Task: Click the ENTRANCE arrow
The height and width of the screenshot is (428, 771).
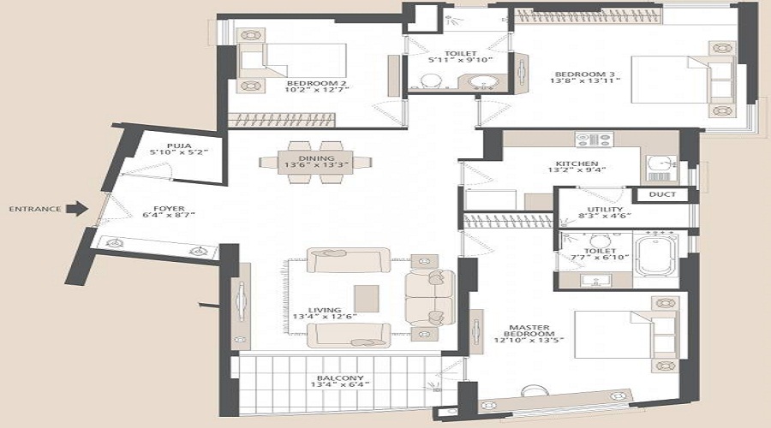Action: [77, 207]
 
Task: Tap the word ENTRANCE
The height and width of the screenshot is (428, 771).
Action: [35, 208]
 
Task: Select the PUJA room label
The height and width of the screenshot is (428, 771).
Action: [178, 146]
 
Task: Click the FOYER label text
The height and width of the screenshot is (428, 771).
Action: [164, 206]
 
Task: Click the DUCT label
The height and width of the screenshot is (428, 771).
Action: [662, 194]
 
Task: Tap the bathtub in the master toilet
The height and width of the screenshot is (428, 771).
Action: [656, 253]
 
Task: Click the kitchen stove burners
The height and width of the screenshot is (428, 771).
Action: [592, 138]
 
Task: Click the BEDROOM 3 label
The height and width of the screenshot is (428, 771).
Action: [575, 74]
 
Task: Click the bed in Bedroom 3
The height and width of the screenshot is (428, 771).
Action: [677, 78]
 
